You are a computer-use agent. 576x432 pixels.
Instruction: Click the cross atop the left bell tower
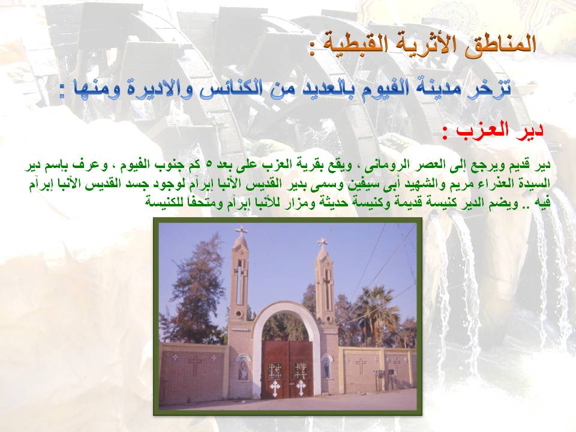pyautogui.click(x=241, y=231)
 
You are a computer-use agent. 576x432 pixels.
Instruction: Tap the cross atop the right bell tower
pyautogui.click(x=322, y=242)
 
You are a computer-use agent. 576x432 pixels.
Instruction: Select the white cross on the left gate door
pyautogui.click(x=274, y=388)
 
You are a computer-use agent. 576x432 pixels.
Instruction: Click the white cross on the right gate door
pyautogui.click(x=301, y=387)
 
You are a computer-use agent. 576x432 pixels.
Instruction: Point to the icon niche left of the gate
pyautogui.click(x=242, y=367)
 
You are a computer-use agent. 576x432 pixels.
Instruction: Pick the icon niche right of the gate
pyautogui.click(x=325, y=367)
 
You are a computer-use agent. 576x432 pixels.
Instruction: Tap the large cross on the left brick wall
pyautogui.click(x=194, y=364)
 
